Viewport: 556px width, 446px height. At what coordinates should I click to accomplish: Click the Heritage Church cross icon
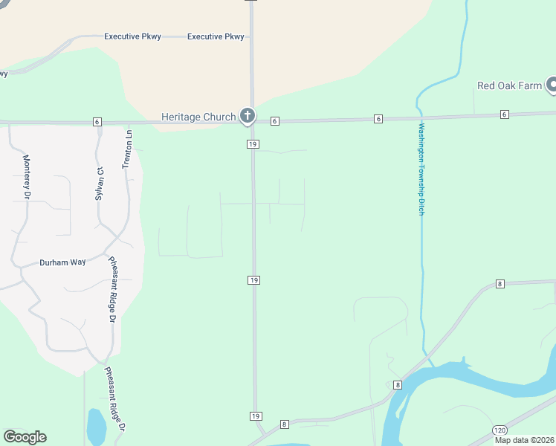(248, 116)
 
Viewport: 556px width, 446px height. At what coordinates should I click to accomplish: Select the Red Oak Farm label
(509, 85)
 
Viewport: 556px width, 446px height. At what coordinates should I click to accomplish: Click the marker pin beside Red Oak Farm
(552, 85)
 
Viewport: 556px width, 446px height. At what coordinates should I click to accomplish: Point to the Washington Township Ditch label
(420, 169)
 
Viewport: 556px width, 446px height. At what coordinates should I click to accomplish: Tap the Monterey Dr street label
(26, 177)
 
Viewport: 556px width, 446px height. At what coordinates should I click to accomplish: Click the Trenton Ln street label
(127, 149)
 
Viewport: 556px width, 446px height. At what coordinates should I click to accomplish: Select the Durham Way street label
(62, 262)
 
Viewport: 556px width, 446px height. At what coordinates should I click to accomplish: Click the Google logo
(25, 437)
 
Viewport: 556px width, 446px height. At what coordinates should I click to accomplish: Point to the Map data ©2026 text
(524, 440)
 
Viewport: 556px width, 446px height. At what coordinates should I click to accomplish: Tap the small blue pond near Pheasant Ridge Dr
(96, 427)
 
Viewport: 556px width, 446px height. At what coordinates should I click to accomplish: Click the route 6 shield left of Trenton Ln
(97, 121)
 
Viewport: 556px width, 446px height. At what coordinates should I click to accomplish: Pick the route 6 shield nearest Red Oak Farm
(505, 114)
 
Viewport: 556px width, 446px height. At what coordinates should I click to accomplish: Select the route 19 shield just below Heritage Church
(253, 143)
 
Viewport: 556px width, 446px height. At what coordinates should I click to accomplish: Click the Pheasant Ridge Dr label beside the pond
(115, 398)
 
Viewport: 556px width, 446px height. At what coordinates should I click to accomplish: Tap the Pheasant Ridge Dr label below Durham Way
(113, 289)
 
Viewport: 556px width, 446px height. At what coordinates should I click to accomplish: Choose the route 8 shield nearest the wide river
(398, 384)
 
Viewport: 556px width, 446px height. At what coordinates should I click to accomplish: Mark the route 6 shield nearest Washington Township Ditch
(378, 119)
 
